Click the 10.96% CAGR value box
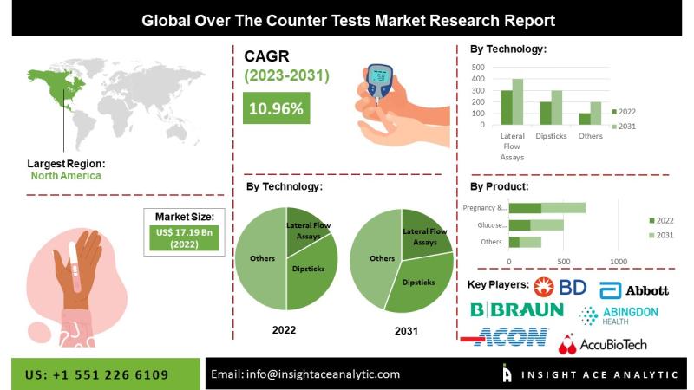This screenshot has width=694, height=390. point(277,109)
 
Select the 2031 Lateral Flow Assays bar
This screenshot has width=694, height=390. point(518,102)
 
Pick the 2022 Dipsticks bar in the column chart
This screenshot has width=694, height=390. point(546,114)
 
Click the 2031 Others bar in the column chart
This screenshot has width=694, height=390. point(596,114)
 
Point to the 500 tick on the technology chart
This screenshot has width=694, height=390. point(478,67)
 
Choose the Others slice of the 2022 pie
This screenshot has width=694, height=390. point(260,260)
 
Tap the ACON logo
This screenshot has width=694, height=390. point(505,336)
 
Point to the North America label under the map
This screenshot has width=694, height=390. point(66,175)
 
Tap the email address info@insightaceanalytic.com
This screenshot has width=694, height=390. point(305,374)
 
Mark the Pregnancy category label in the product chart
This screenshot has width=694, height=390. point(485,208)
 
